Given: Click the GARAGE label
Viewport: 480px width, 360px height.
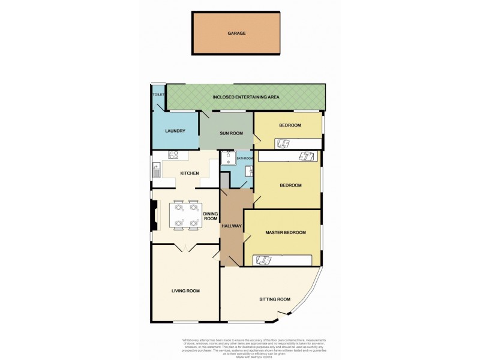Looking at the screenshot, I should (236, 34).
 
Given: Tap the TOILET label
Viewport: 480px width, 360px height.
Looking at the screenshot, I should (158, 95).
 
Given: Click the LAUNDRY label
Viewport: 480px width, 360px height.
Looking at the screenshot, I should (175, 131).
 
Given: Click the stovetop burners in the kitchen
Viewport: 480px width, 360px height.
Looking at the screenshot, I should (173, 155).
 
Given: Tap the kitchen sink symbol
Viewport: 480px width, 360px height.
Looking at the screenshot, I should (157, 170).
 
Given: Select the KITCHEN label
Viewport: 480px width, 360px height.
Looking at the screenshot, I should (190, 173).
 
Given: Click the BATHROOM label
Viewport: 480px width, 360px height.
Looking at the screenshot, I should (245, 158).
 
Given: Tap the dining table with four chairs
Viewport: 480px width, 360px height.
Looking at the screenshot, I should (185, 215).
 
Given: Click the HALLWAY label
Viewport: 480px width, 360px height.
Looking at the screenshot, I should (231, 226).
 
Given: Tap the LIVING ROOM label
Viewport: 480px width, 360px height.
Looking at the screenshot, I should (185, 290).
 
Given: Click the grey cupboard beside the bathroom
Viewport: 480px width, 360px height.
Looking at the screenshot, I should (224, 181).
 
